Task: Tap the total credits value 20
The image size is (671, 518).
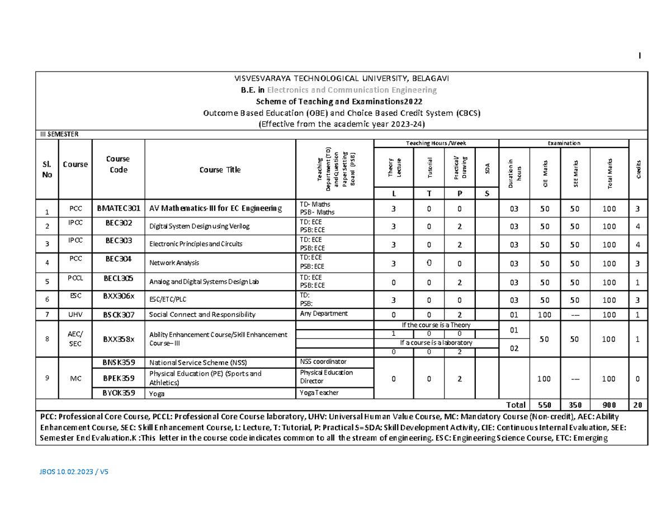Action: click(638, 405)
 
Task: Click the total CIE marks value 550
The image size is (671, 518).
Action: click(545, 405)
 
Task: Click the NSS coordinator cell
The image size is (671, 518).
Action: click(323, 362)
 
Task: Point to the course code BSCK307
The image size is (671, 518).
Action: click(118, 315)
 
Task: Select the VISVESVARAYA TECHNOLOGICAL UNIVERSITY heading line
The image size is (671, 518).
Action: click(341, 78)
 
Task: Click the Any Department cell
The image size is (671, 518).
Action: click(324, 313)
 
